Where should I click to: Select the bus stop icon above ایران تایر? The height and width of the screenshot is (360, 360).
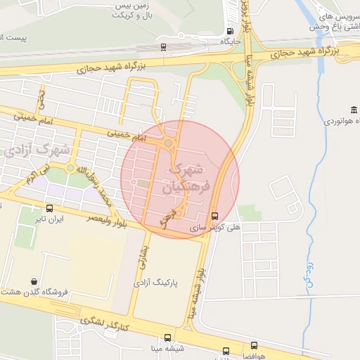[49, 208]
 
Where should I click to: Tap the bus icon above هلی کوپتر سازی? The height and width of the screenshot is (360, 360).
[215, 216]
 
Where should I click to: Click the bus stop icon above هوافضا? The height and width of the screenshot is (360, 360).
[254, 345]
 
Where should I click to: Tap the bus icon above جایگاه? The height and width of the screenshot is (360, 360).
[231, 30]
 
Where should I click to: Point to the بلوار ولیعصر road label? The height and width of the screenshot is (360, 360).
[98, 219]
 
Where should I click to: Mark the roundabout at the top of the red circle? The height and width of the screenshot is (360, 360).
[169, 145]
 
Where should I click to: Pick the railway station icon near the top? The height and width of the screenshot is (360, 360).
[163, 48]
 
